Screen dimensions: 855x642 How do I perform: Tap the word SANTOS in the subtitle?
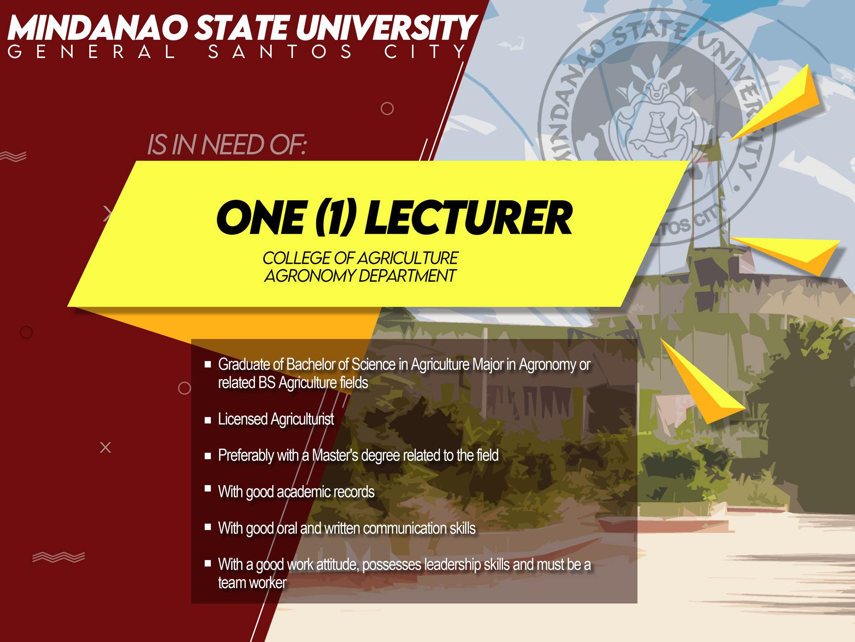[280, 52]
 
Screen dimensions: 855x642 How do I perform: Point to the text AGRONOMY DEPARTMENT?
[360, 276]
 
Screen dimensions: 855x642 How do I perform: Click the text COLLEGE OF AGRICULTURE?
[361, 258]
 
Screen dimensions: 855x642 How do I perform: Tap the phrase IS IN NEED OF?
[227, 145]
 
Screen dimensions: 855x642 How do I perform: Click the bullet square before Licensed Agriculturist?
[208, 420]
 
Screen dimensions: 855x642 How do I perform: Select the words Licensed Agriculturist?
[276, 419]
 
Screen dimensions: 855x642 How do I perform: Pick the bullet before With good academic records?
[208, 488]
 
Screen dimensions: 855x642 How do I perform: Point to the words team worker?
[252, 583]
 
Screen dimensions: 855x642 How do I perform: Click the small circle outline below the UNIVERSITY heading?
[387, 109]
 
